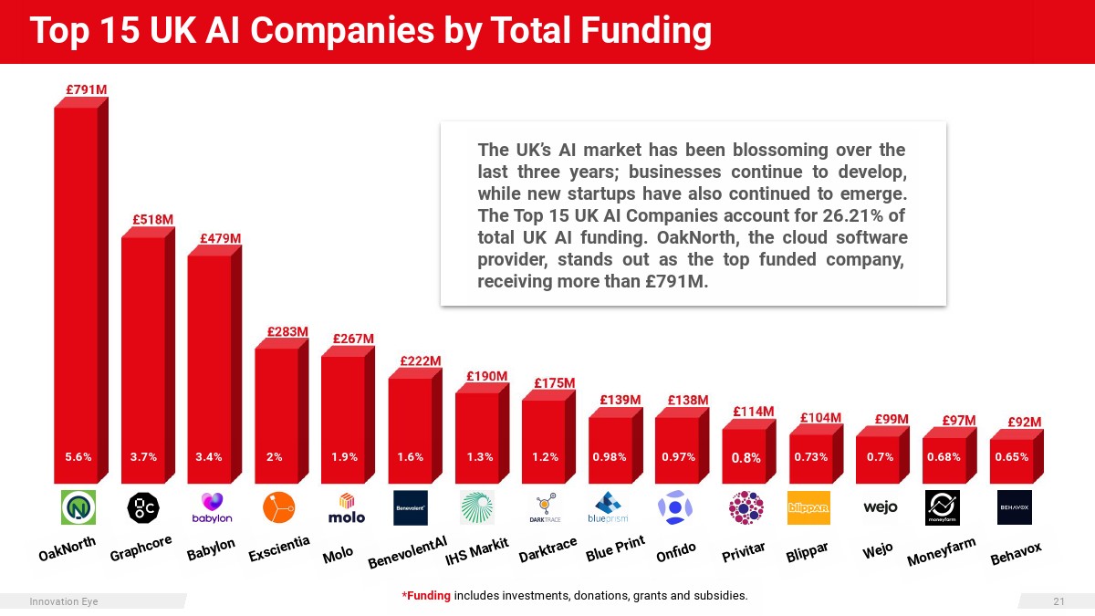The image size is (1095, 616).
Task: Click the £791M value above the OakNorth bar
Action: tap(86, 90)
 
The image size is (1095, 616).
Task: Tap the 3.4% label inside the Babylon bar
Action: tap(209, 457)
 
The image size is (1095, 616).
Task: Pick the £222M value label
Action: tap(421, 361)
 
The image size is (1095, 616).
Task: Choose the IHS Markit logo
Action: tap(476, 507)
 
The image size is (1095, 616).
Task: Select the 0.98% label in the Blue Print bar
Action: tap(610, 457)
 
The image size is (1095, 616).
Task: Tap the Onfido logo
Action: tap(676, 507)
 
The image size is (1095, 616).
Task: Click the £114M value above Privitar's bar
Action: tap(754, 412)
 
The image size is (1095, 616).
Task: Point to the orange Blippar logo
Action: tap(808, 507)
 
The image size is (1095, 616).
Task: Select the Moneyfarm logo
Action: tap(942, 507)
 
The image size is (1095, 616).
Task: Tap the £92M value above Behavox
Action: tap(1024, 422)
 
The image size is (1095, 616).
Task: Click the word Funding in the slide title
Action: tap(646, 32)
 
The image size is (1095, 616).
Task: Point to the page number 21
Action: tap(1058, 601)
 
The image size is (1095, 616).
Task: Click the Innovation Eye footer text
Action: tap(64, 601)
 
